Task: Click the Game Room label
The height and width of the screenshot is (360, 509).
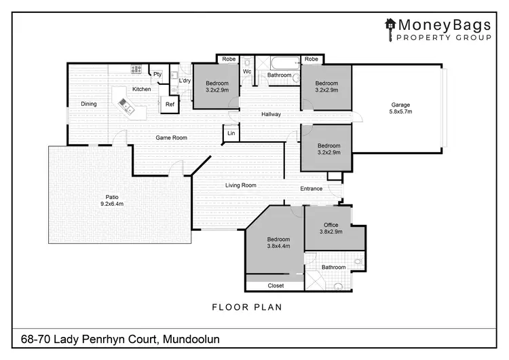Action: pyautogui.click(x=171, y=138)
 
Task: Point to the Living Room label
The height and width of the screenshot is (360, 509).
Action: pyautogui.click(x=240, y=185)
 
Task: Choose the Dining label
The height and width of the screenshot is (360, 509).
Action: pyautogui.click(x=89, y=105)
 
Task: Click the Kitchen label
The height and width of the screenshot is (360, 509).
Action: pyautogui.click(x=141, y=90)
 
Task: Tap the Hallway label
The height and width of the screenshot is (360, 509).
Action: pyautogui.click(x=271, y=114)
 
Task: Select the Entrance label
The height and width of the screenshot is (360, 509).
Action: pyautogui.click(x=312, y=188)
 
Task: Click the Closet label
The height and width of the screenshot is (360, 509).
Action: pyautogui.click(x=276, y=286)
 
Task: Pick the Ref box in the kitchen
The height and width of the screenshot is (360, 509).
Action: pyautogui.click(x=170, y=105)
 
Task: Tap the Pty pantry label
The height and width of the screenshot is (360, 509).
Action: pyautogui.click(x=157, y=74)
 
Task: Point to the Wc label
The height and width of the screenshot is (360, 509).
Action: pyautogui.click(x=247, y=71)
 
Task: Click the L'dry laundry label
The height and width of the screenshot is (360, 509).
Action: pyautogui.click(x=185, y=82)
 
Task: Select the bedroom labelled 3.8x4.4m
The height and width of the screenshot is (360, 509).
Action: pyautogui.click(x=278, y=243)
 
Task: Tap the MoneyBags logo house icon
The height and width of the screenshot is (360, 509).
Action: pyautogui.click(x=390, y=25)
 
